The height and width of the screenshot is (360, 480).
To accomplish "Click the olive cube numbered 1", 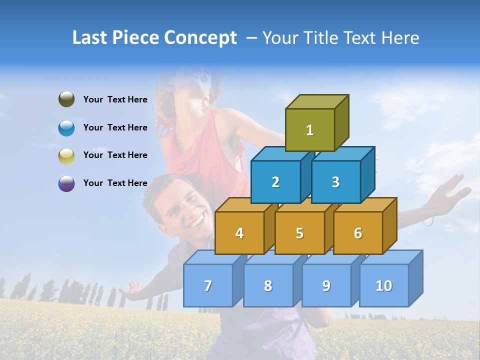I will tap(310, 130).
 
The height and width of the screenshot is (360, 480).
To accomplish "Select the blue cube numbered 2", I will tap(275, 182).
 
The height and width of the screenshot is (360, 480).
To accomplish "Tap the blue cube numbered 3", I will tap(335, 182).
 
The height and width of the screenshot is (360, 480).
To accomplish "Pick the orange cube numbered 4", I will tap(239, 233).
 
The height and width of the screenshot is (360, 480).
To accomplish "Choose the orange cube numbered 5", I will tap(299, 233).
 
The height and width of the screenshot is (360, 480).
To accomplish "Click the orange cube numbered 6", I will tap(358, 233).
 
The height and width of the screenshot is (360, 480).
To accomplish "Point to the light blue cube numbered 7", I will tap(208, 285).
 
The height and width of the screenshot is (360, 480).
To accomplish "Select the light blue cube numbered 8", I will tap(268, 285).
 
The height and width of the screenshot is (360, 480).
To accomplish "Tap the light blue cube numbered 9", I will tap(326, 285).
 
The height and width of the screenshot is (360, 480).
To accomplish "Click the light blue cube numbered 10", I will tap(383, 285).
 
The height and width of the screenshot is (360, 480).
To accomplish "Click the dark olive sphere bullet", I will tap(66, 99).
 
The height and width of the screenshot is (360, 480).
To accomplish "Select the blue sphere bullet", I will tap(66, 128).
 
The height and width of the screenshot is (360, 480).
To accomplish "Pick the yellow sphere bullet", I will tap(66, 155).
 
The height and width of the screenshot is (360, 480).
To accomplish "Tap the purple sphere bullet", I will tap(66, 183).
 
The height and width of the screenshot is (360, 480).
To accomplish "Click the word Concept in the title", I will tap(200, 38).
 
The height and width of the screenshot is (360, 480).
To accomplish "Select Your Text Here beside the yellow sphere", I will tap(115, 155).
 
